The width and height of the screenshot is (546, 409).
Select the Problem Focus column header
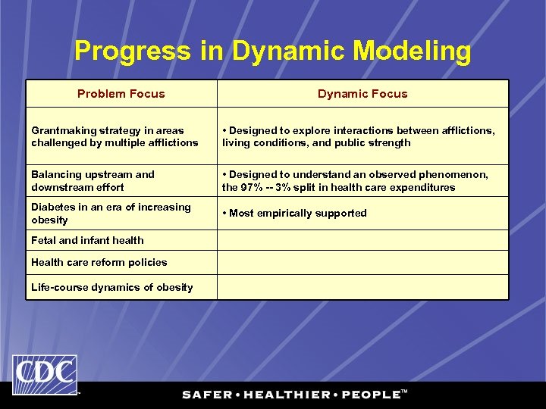pyautogui.click(x=121, y=94)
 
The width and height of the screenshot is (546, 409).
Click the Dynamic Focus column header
pyautogui.click(x=362, y=94)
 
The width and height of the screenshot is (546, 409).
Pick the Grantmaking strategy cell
pyautogui.click(x=115, y=136)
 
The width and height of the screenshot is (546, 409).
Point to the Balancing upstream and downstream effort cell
pyautogui.click(x=93, y=180)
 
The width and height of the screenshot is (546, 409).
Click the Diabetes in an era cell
pyautogui.click(x=111, y=214)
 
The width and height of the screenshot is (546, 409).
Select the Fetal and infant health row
pyautogui.click(x=87, y=240)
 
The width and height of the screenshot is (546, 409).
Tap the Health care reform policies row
pyautogui.click(x=99, y=262)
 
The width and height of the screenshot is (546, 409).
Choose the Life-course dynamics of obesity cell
pyautogui.click(x=111, y=287)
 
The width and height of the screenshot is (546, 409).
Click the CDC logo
pyautogui.click(x=44, y=373)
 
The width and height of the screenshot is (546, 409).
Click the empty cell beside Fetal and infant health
pyautogui.click(x=362, y=241)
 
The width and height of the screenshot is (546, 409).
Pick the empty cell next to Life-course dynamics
pyautogui.click(x=362, y=287)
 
